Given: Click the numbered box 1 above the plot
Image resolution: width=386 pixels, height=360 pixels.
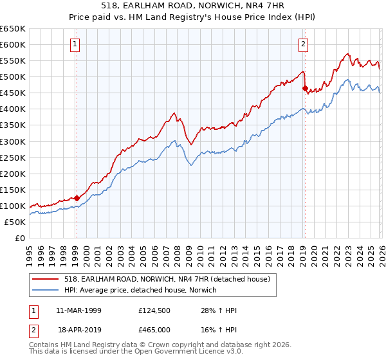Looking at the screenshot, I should coord(76,44).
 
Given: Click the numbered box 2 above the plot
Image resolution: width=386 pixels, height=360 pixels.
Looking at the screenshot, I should coord(303,44).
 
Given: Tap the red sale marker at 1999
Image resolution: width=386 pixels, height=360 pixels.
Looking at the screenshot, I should coord(77,198).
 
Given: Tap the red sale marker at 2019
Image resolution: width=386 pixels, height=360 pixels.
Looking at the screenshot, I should coord(305,88).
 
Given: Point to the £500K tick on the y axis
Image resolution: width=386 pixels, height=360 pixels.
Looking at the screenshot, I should coord(13,76).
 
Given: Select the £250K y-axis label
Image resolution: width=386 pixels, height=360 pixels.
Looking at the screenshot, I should coord(13,157).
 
